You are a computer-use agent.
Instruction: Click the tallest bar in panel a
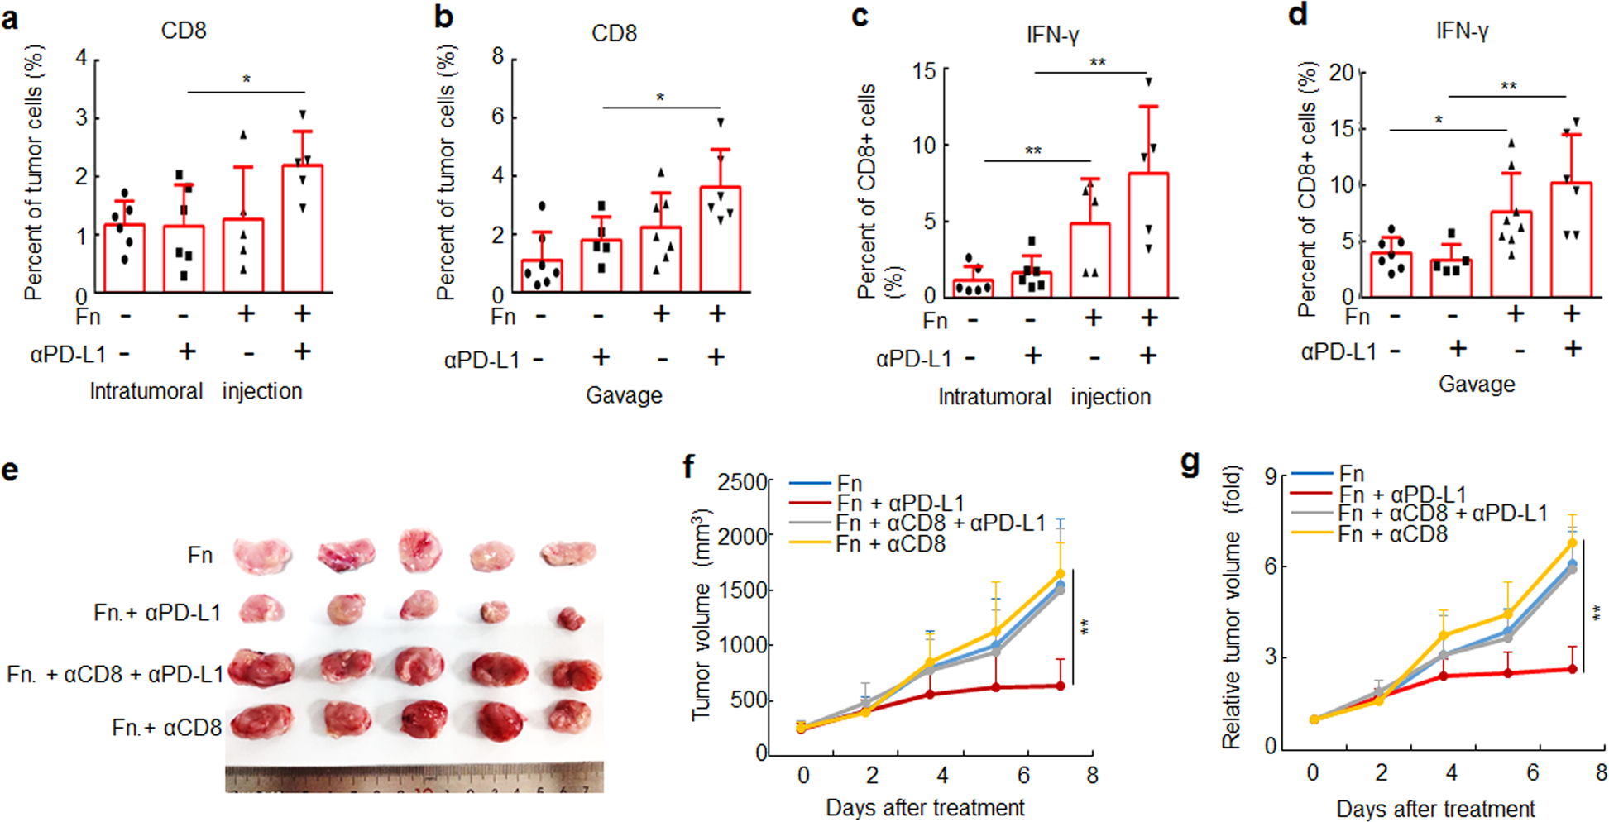click(x=303, y=229)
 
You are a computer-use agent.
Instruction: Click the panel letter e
click(x=11, y=471)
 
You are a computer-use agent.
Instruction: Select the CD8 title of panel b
click(x=614, y=33)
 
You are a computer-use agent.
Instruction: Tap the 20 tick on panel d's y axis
click(x=1341, y=73)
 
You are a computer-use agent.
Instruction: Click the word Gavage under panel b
click(x=624, y=395)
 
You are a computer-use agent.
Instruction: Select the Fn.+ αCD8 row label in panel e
click(x=166, y=728)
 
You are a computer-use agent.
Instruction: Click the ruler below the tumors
click(x=414, y=779)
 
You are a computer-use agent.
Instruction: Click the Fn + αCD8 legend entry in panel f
click(x=889, y=544)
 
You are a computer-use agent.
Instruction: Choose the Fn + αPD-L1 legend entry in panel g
click(x=1402, y=495)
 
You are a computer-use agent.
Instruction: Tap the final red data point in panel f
click(x=1061, y=686)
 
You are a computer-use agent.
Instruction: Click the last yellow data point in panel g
click(x=1573, y=543)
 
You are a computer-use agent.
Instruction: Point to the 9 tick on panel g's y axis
click(x=1270, y=476)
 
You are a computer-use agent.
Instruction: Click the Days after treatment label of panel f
click(x=925, y=807)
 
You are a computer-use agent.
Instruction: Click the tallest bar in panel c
click(x=1148, y=235)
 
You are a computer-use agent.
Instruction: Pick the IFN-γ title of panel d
click(x=1462, y=31)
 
